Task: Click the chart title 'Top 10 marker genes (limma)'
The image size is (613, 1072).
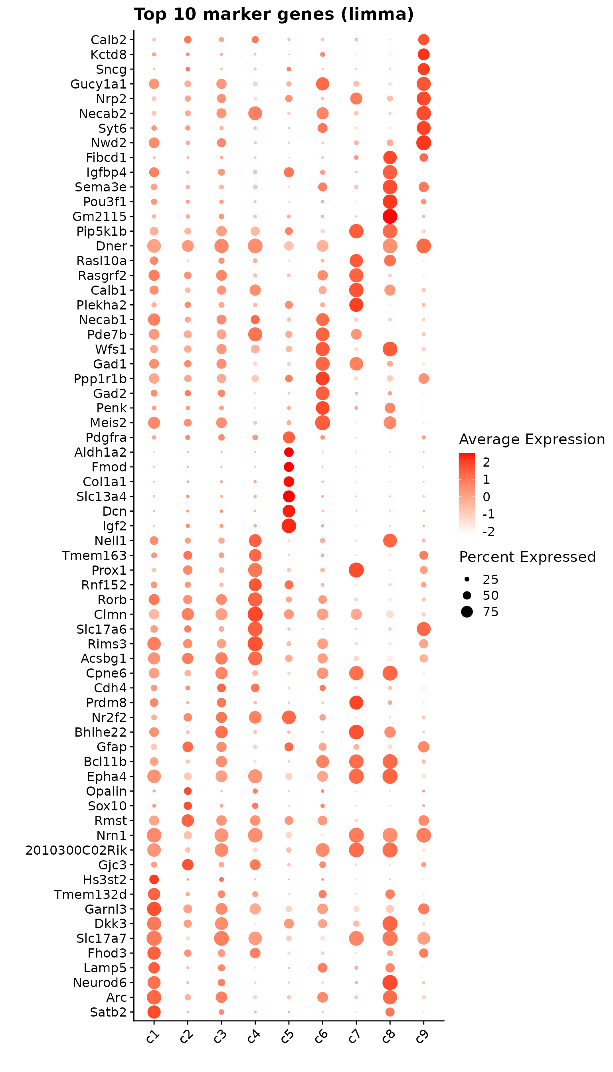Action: [274, 14]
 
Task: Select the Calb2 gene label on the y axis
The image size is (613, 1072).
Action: [109, 40]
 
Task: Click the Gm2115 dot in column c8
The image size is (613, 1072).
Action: [390, 217]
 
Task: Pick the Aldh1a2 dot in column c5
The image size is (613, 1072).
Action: [289, 452]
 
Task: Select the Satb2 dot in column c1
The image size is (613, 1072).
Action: [154, 1012]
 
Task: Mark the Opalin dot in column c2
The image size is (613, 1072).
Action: [188, 791]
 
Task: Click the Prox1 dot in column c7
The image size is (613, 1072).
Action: [356, 570]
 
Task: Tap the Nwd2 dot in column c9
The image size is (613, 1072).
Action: [423, 143]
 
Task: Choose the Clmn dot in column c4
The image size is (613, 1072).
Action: [255, 614]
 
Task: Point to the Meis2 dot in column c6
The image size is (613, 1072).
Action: [322, 422]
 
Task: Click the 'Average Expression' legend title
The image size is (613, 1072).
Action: [532, 439]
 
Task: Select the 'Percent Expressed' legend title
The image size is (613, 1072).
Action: [527, 557]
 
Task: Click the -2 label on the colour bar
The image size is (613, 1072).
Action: [488, 532]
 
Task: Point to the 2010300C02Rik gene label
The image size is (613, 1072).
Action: [76, 850]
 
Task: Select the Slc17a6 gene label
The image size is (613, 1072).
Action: [101, 629]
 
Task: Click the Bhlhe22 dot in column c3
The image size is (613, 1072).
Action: [221, 732]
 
